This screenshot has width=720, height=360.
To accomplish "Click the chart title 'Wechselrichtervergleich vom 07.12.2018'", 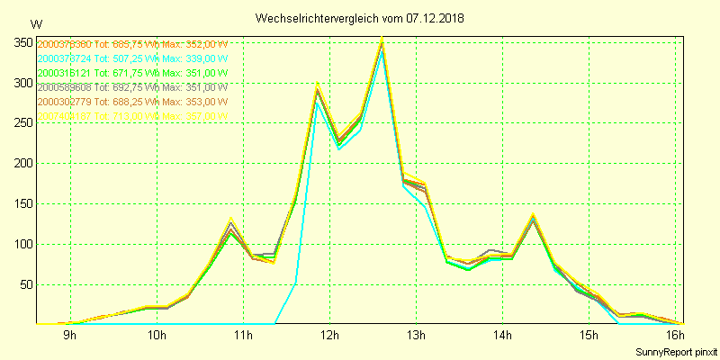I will [x=359, y=18].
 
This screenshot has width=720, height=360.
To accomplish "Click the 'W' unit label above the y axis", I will [x=35, y=24].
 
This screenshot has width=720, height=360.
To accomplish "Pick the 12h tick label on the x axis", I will [x=330, y=337].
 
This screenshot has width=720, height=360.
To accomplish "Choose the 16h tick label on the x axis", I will [x=676, y=337].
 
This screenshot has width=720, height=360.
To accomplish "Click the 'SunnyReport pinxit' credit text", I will [x=677, y=351].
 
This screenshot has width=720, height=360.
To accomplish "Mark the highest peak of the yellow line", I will [x=382, y=37].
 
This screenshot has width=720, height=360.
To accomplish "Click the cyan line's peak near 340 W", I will [x=382, y=50].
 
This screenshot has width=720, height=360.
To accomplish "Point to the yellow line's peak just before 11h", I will [x=231, y=218].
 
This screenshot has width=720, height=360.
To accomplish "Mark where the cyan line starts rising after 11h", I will [x=274, y=323].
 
